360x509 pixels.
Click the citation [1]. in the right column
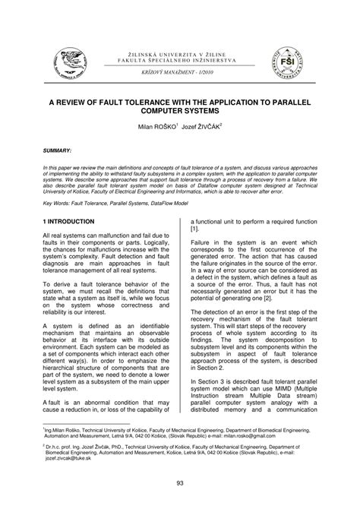(x=195, y=229)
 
